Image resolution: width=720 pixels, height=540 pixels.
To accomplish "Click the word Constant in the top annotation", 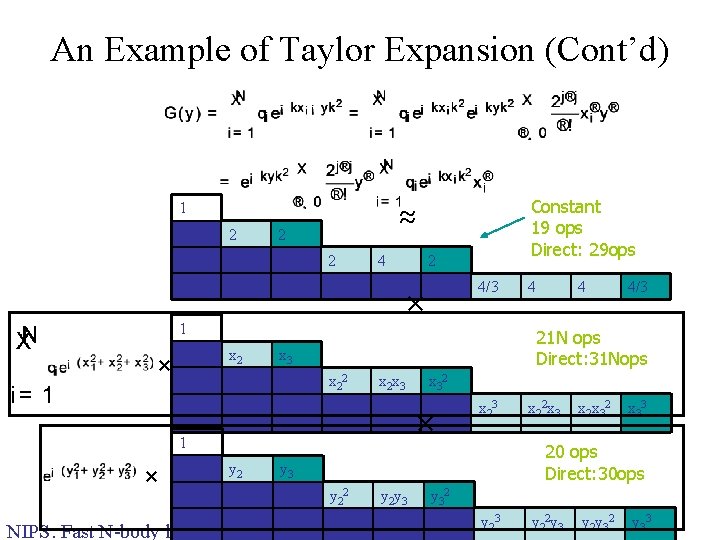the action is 565,207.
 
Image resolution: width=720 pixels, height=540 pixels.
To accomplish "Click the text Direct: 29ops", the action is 582,249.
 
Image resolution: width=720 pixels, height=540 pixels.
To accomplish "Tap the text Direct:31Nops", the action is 591,359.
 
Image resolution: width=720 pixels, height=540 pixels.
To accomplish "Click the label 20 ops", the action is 570,452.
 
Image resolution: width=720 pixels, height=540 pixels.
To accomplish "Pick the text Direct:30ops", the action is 594,473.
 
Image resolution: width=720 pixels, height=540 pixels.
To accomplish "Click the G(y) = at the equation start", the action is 191,112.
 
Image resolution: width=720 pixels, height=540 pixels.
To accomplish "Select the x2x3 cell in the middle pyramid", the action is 391,382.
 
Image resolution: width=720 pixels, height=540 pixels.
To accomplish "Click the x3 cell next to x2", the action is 286,356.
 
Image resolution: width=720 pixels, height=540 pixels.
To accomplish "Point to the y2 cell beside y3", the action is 236,468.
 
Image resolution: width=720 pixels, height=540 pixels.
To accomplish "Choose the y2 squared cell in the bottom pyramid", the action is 340,496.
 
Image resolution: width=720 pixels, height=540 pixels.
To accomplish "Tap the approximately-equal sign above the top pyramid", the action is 406,218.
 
